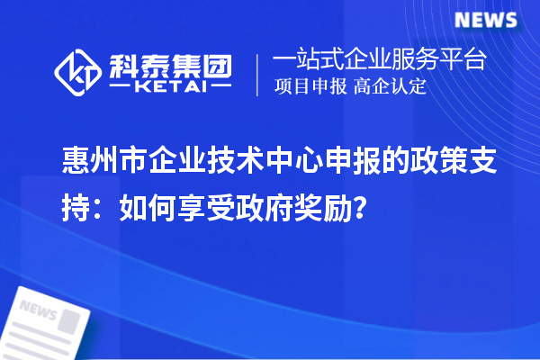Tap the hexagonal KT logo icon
[x=78, y=70]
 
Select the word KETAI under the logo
[x=169, y=86]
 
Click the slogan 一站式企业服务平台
[x=377, y=60]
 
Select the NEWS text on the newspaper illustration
[x=38, y=311]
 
